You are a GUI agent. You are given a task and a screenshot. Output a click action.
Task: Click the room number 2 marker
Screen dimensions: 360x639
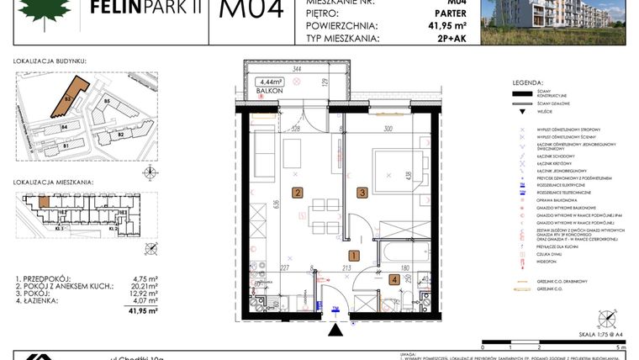(x=298, y=193)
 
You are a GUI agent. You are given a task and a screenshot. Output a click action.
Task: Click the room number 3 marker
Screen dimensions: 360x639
(x=362, y=193)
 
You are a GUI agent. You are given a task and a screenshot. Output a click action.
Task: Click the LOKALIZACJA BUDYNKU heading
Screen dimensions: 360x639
(x=50, y=61)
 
